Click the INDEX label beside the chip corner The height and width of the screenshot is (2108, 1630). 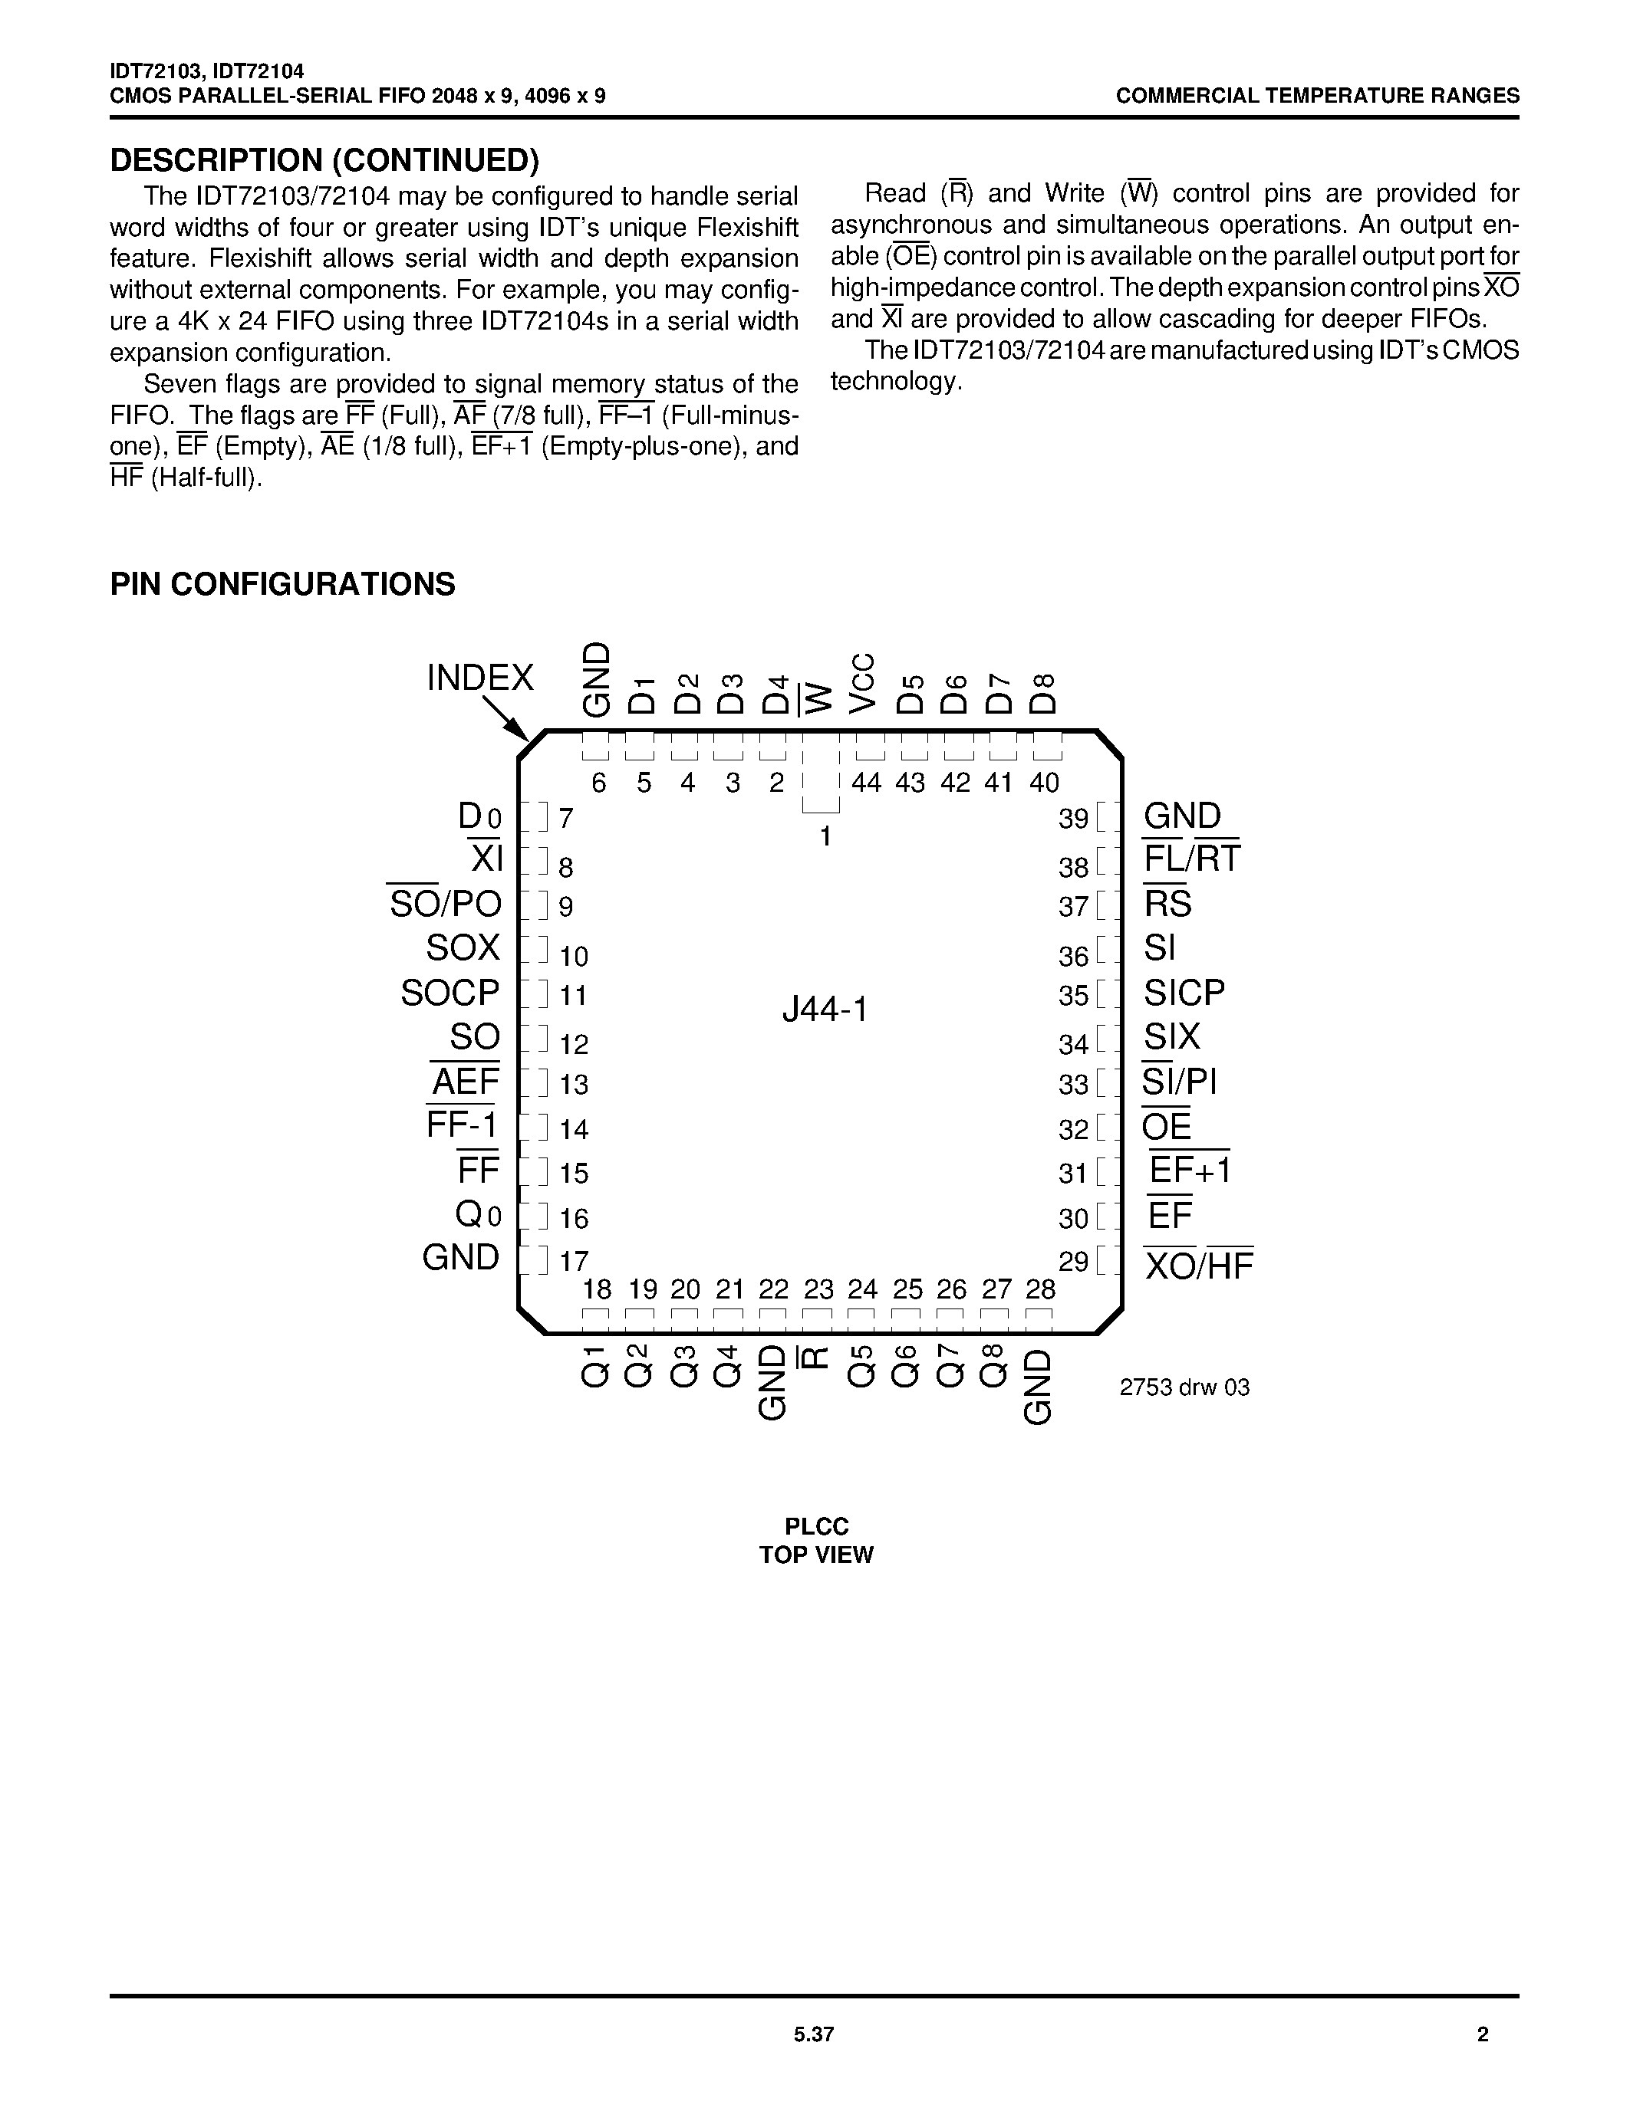click(x=480, y=678)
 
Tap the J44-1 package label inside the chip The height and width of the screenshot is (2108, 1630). click(x=825, y=1010)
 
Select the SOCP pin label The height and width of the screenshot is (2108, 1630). click(x=450, y=992)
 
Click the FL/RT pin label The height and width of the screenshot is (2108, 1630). click(x=1191, y=858)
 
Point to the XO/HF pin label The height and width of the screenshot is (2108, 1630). click(x=1198, y=1266)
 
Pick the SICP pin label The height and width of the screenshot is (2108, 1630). click(x=1184, y=992)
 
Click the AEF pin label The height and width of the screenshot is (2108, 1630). click(x=465, y=1082)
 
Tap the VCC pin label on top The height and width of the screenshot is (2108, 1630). click(x=862, y=683)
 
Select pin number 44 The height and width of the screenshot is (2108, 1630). click(x=866, y=783)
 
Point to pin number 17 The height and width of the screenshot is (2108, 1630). click(x=574, y=1262)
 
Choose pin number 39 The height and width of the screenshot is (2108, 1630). click(x=1073, y=819)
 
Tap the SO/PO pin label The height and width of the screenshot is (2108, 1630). click(x=445, y=904)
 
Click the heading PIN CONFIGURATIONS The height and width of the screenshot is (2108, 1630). click(x=282, y=584)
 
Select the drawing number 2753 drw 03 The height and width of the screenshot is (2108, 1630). click(x=1184, y=1387)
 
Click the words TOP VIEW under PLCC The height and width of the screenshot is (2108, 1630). click(x=816, y=1555)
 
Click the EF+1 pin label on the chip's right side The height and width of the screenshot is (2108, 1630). click(x=1190, y=1171)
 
